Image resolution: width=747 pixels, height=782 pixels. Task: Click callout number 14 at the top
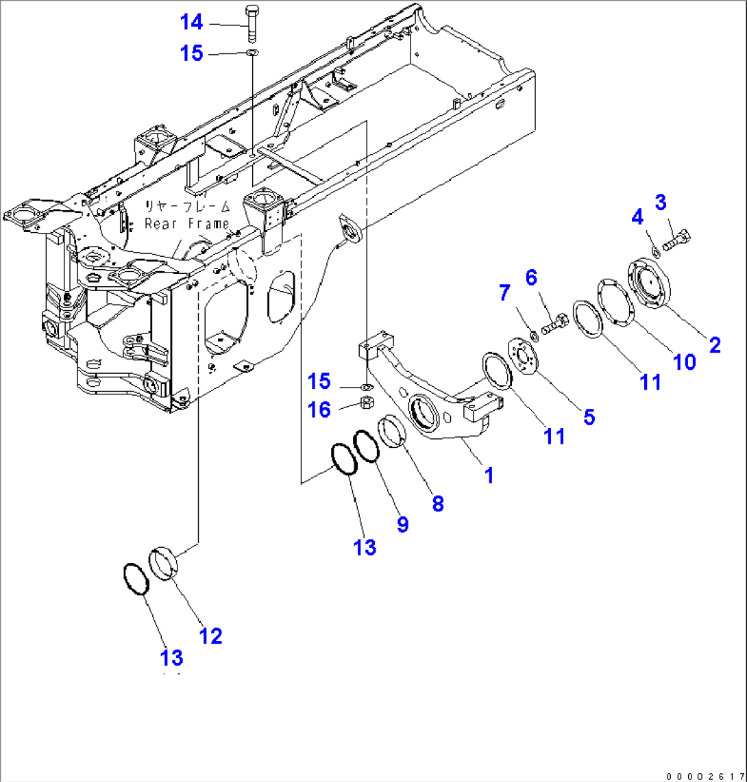pyautogui.click(x=191, y=23)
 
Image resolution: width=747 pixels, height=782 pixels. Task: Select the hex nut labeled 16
pyautogui.click(x=367, y=403)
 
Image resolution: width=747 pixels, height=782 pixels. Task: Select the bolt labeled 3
pyautogui.click(x=675, y=240)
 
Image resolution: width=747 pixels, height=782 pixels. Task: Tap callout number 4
pyautogui.click(x=637, y=218)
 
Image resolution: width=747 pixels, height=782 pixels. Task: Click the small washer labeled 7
pyautogui.click(x=533, y=335)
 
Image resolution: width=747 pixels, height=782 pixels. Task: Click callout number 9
pyautogui.click(x=402, y=525)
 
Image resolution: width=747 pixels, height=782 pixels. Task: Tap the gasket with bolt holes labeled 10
pyautogui.click(x=614, y=302)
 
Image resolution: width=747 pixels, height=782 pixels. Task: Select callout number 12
pyautogui.click(x=210, y=635)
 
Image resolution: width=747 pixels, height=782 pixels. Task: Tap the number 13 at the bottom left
pyautogui.click(x=172, y=658)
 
